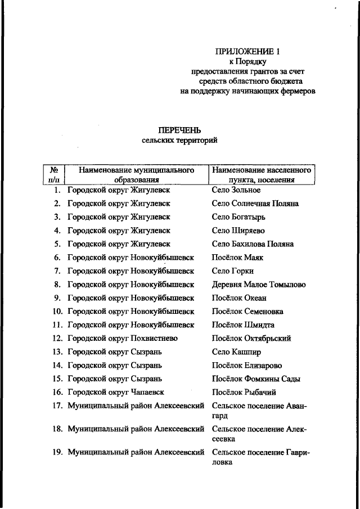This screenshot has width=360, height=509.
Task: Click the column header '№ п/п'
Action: pos(55,174)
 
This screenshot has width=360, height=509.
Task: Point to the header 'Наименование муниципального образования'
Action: pos(136,174)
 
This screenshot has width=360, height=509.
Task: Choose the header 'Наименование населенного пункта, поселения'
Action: pos(262,174)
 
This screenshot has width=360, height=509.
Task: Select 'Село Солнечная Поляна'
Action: pos(255,204)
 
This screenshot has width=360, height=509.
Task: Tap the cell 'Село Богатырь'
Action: pos(238,217)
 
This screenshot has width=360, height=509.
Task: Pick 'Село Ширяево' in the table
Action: pos(238,231)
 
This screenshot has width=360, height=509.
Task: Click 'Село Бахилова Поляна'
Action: pos(253,244)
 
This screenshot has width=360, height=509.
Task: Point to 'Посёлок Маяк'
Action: pos(237,258)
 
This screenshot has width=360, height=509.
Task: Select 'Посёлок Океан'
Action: pos(239,298)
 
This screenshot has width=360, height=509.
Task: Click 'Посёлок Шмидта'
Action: pos(242,325)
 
